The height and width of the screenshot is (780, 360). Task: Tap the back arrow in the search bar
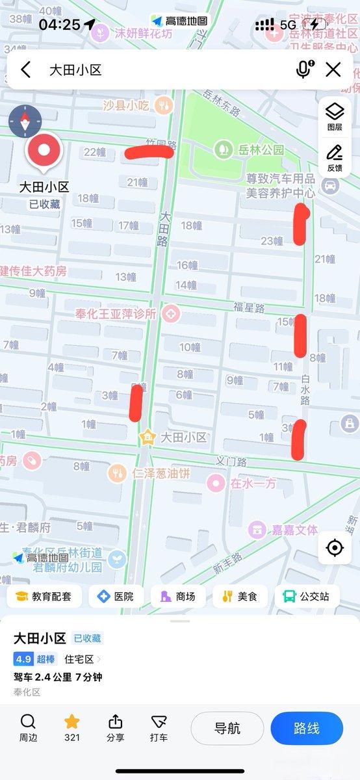tap(26, 70)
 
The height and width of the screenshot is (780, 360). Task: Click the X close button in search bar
tap(333, 70)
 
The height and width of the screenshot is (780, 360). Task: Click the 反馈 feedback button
tap(335, 157)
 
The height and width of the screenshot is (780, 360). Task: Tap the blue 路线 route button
tap(306, 728)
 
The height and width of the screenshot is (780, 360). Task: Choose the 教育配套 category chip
tap(44, 596)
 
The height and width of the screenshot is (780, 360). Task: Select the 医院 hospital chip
tap(115, 596)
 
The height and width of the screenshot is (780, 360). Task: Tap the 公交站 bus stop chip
tap(307, 596)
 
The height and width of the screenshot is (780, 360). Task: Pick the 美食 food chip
tap(240, 596)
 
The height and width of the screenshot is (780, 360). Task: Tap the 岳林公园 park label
tap(260, 149)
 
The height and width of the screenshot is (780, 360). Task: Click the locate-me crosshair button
tap(335, 548)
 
